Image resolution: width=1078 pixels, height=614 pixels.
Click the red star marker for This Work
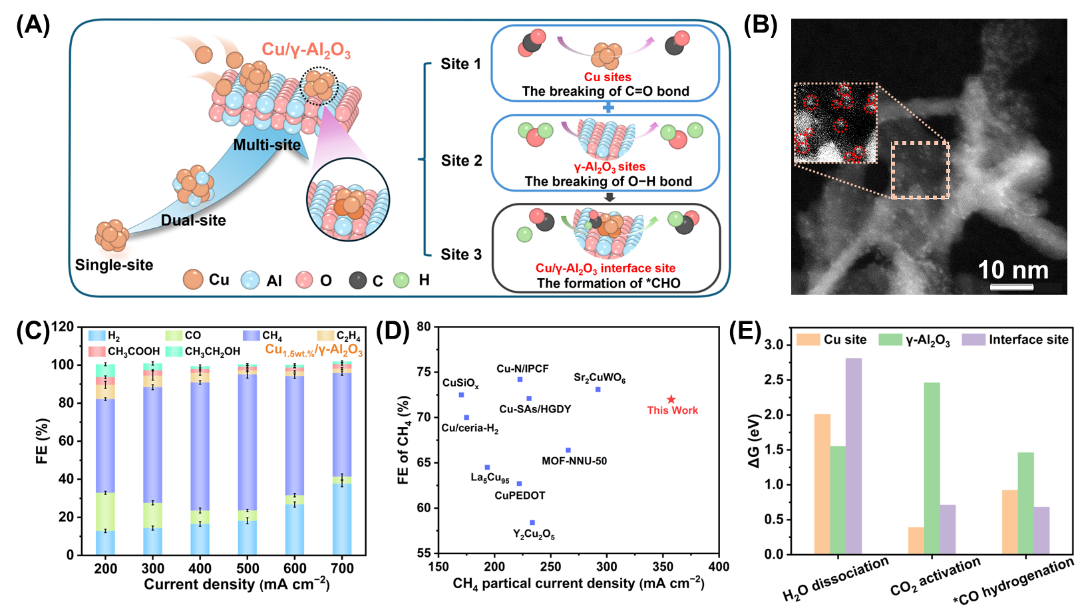pyautogui.click(x=671, y=400)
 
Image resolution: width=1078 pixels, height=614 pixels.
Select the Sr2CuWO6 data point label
pyautogui.click(x=600, y=378)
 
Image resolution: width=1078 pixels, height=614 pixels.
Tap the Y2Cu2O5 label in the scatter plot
pyautogui.click(x=534, y=534)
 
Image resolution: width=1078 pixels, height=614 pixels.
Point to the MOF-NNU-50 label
pyautogui.click(x=574, y=461)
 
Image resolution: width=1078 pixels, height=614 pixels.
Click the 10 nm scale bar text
pyautogui.click(x=1013, y=270)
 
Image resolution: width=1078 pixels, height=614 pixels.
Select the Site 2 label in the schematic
pyautogui.click(x=461, y=160)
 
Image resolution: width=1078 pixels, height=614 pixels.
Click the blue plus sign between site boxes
pyautogui.click(x=606, y=108)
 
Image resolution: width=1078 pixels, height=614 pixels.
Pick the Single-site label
pyautogui.click(x=114, y=265)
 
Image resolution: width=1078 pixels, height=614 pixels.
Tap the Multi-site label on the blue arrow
pyautogui.click(x=267, y=145)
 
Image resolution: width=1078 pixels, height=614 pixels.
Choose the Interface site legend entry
pyautogui.click(x=1028, y=340)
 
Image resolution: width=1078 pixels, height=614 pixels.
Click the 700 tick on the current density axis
pyautogui.click(x=342, y=569)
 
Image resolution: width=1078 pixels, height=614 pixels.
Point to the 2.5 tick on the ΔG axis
pyautogui.click(x=773, y=380)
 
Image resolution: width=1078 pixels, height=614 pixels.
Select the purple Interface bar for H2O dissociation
pyautogui.click(x=854, y=456)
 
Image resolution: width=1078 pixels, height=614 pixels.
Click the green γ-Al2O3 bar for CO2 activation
pyautogui.click(x=932, y=468)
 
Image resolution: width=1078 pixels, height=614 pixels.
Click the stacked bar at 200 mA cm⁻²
pyautogui.click(x=105, y=459)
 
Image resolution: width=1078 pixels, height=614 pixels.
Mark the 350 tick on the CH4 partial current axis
pyautogui.click(x=663, y=567)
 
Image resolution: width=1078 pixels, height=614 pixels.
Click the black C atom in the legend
pyautogui.click(x=358, y=280)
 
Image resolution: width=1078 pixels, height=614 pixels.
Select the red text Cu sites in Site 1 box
pyautogui.click(x=608, y=77)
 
